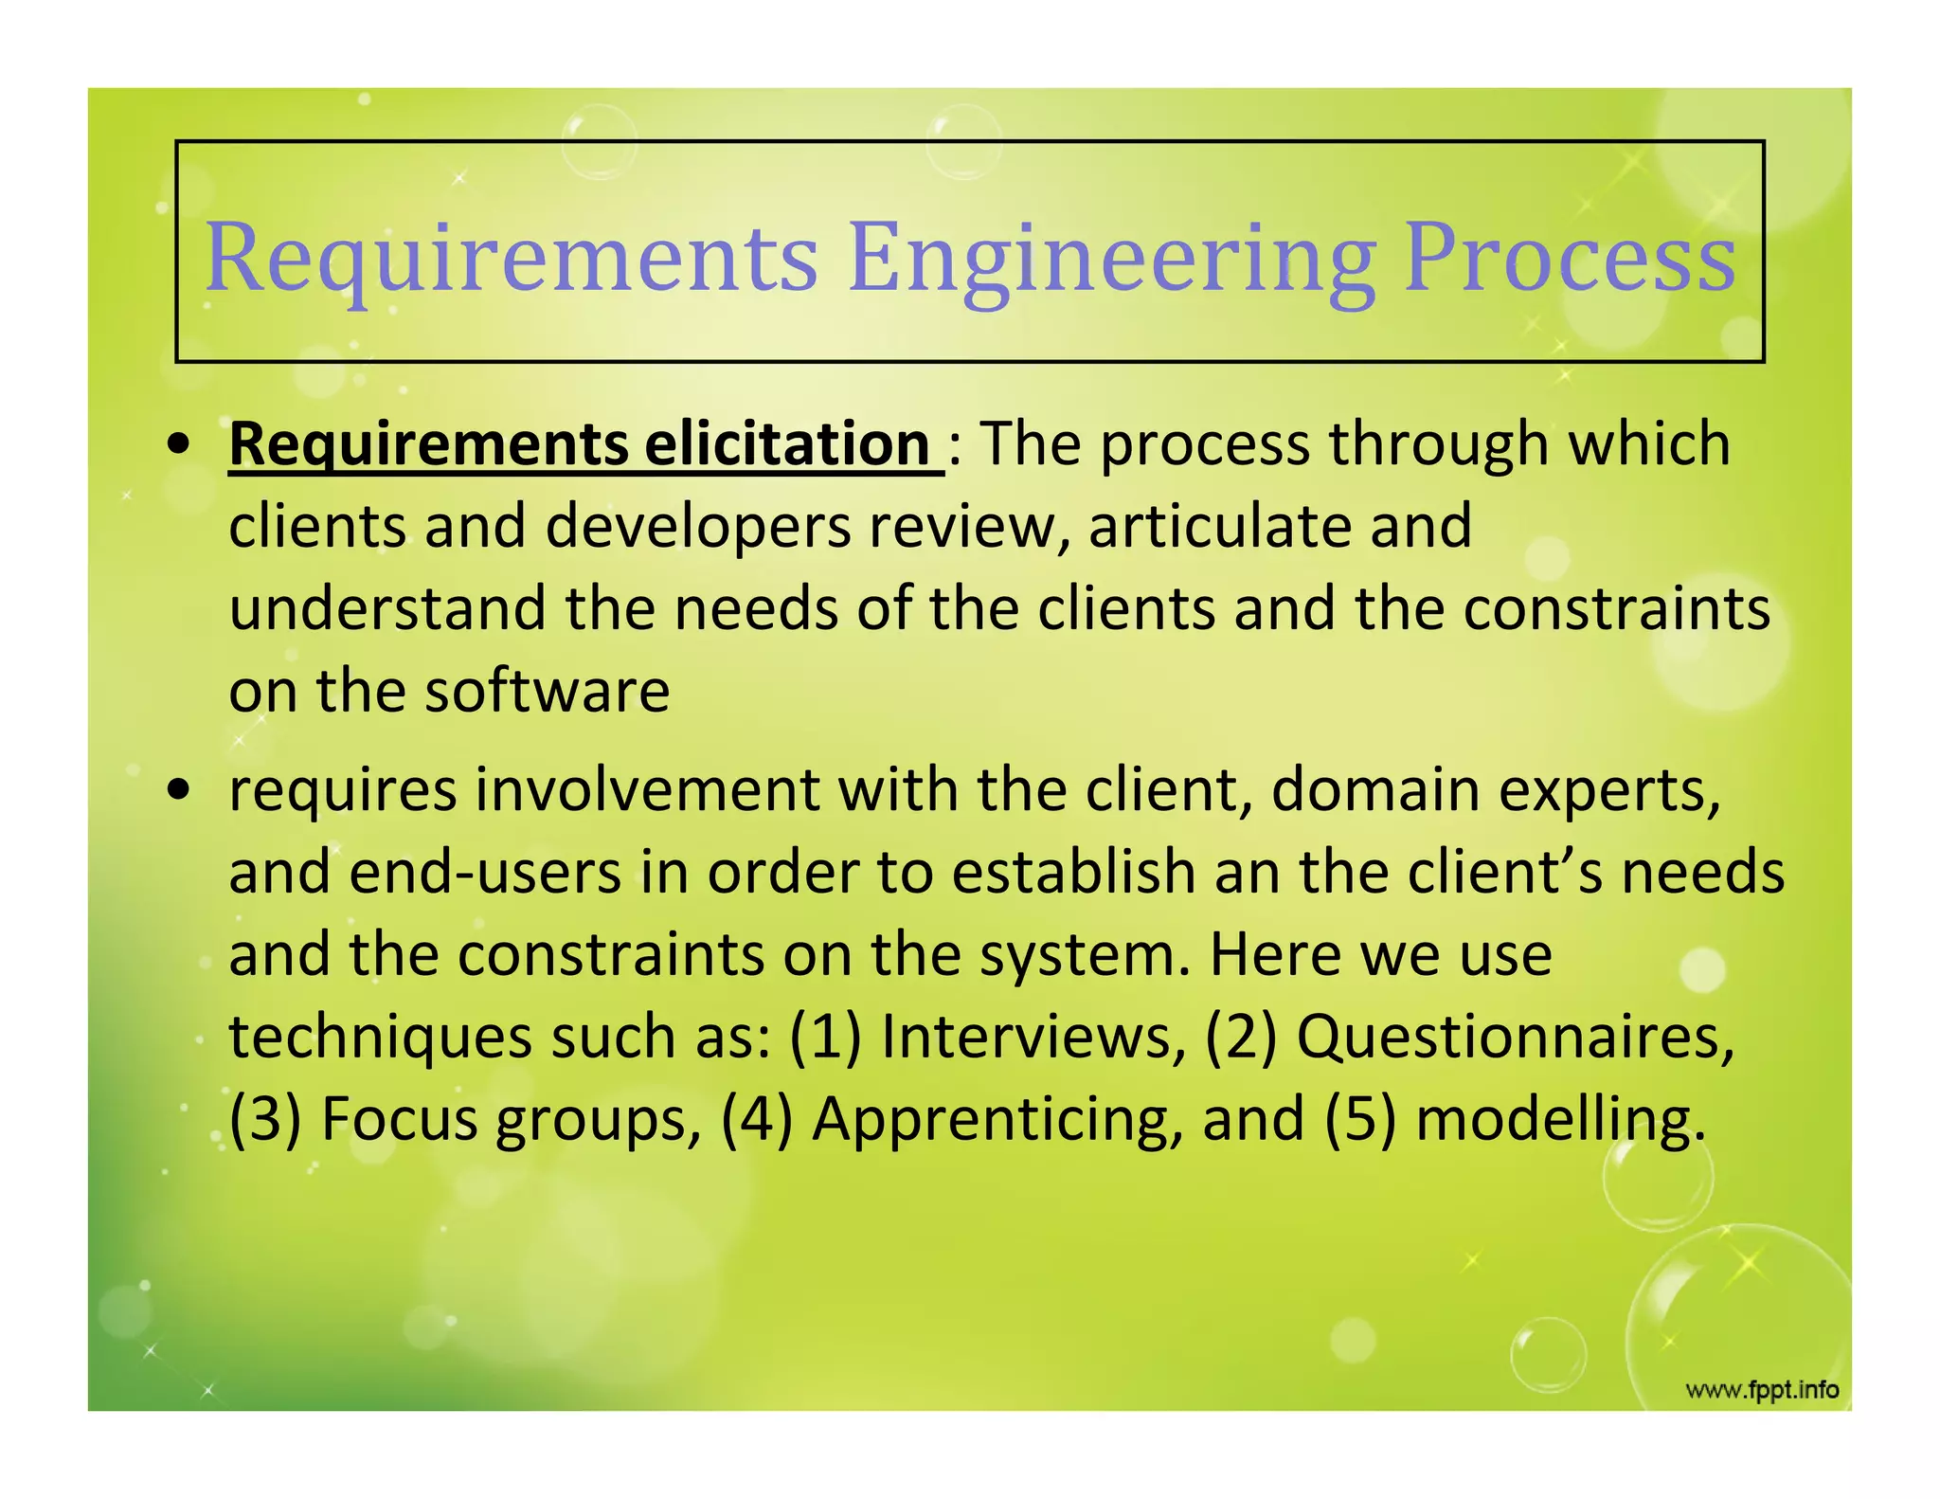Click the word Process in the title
(1570, 258)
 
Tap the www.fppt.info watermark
(1762, 1390)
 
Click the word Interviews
(1033, 1036)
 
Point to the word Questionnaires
(1515, 1036)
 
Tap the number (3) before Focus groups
(264, 1118)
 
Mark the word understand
(387, 607)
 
